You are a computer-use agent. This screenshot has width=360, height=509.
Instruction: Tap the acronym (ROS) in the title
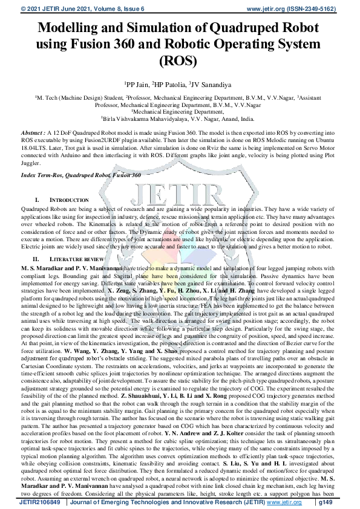point(180,60)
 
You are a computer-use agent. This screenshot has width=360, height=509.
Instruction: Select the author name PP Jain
point(136,83)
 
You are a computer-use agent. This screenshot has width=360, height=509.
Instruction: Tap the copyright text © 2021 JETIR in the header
point(34,8)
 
